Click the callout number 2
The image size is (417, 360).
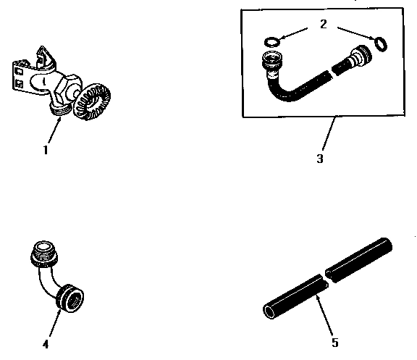pyautogui.click(x=323, y=25)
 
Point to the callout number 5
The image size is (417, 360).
pyautogui.click(x=334, y=341)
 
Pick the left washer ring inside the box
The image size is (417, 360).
pyautogui.click(x=272, y=41)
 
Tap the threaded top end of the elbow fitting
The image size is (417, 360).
pyautogui.click(x=43, y=254)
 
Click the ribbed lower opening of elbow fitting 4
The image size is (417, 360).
pyautogui.click(x=71, y=298)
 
